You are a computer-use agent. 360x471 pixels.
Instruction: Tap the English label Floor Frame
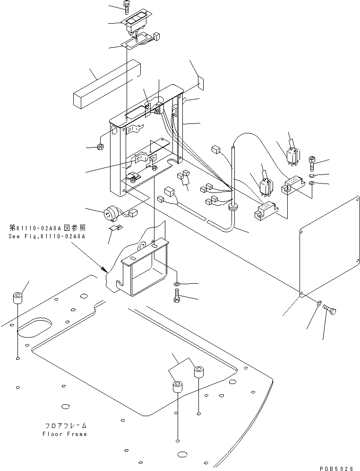point(65,434)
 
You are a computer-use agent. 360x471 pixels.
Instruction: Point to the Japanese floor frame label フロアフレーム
point(65,426)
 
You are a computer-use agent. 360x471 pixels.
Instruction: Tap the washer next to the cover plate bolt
point(319,303)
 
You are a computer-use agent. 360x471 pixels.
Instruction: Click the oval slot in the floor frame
point(35,327)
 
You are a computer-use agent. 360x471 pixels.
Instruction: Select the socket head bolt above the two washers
point(313,164)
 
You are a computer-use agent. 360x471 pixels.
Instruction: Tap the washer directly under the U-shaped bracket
point(176,284)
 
